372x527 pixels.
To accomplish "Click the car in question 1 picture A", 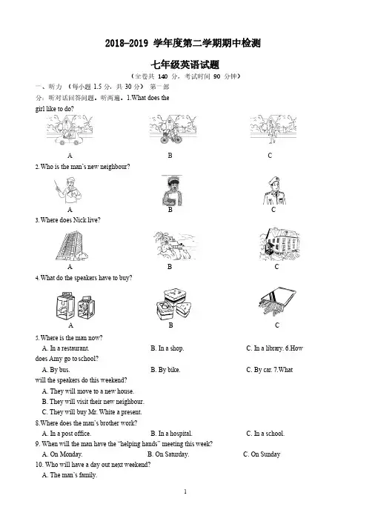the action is (x=69, y=138).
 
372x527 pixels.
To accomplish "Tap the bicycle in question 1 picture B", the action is (x=170, y=137).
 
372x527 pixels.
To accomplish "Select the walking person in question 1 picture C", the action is (x=271, y=132).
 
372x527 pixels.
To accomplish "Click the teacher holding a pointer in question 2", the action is (x=68, y=190).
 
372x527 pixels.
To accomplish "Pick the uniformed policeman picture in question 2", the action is (x=274, y=190).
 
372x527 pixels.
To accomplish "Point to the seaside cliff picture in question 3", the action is (x=174, y=245).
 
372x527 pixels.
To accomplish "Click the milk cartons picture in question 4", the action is (x=76, y=305).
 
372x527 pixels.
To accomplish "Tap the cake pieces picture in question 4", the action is (x=173, y=305).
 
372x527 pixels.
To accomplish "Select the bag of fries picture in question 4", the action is (x=277, y=302).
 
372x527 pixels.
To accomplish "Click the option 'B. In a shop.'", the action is (x=167, y=348).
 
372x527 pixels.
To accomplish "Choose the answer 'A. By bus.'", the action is (x=56, y=370).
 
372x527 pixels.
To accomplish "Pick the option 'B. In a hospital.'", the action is (x=171, y=434).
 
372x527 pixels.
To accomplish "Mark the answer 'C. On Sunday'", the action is (x=262, y=454).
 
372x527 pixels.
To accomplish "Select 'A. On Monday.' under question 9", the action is (x=62, y=454).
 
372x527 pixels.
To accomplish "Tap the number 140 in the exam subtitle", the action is (x=162, y=76).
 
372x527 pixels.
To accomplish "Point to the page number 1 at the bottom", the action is (x=185, y=491).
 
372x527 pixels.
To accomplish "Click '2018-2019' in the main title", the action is (x=127, y=43).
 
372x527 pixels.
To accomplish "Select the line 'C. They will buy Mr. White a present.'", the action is (x=92, y=412).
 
